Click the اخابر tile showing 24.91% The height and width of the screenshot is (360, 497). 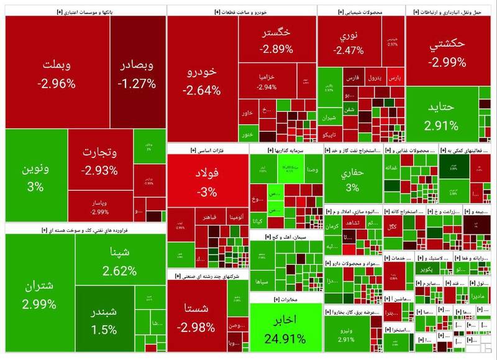click(x=286, y=329)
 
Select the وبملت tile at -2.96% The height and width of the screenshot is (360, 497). click(x=57, y=73)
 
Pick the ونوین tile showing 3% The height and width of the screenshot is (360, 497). click(x=35, y=177)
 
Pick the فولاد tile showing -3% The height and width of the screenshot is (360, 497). click(x=207, y=180)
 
